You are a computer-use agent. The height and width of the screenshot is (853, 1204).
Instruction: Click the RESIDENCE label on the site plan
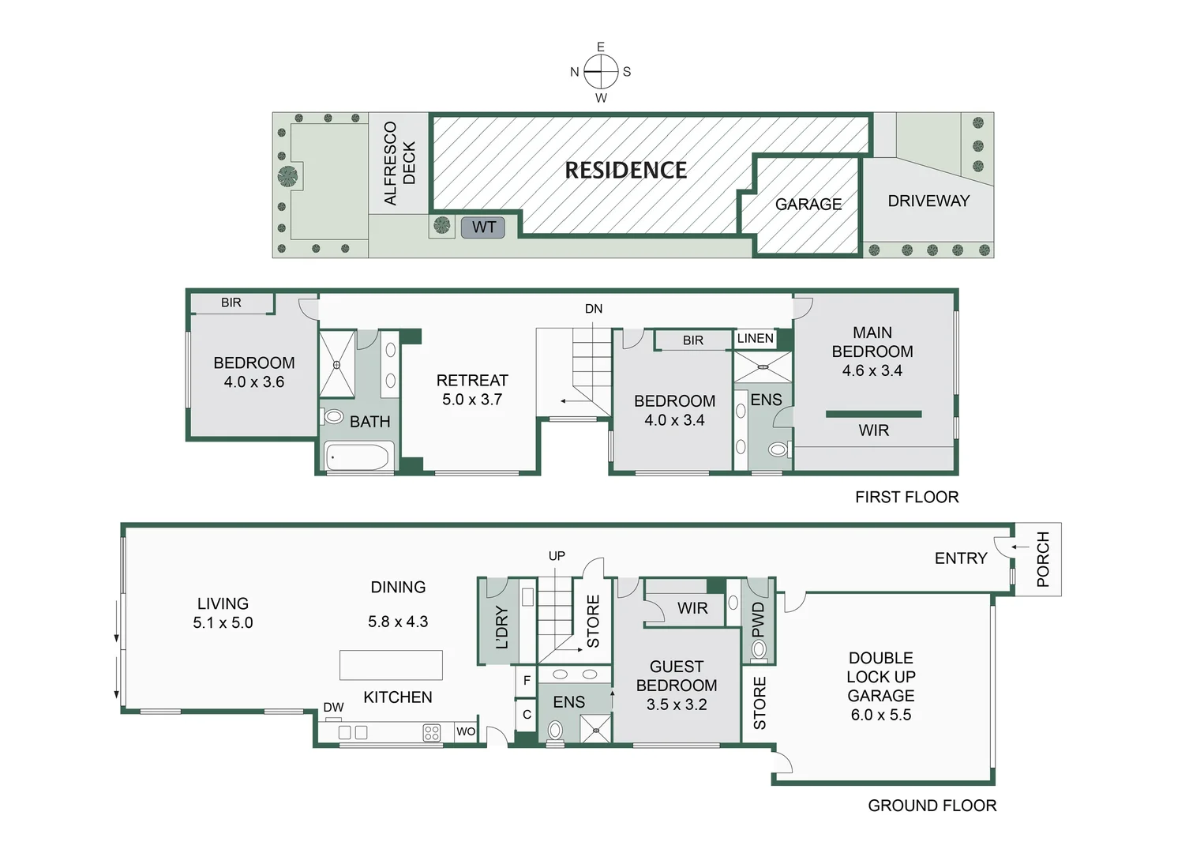point(625,171)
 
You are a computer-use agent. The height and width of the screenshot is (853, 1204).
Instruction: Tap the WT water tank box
point(483,227)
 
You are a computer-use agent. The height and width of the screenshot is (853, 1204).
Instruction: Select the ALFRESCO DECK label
point(399,163)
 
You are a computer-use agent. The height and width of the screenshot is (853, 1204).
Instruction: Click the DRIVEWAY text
point(928,201)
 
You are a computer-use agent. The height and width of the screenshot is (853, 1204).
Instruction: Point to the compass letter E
point(601,47)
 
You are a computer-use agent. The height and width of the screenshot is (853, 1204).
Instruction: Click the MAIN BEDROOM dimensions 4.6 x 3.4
point(872,370)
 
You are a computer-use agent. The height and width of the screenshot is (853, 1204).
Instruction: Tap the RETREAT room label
point(472,380)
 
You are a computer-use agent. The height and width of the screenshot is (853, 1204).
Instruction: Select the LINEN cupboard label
point(756,338)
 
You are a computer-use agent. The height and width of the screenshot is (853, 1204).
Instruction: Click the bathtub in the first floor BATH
point(358,457)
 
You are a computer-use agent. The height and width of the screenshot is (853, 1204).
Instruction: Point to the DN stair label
point(594,309)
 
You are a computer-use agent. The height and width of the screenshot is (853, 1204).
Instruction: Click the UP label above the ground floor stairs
point(557,555)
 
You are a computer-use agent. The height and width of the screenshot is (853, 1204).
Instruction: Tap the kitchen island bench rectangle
point(391,665)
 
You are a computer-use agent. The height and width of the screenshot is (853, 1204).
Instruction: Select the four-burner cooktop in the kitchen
point(432,732)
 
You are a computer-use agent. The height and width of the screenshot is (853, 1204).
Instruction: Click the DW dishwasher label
point(333,707)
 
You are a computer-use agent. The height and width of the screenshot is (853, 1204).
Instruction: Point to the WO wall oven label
point(466,731)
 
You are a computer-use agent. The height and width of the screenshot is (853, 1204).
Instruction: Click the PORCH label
point(1043,559)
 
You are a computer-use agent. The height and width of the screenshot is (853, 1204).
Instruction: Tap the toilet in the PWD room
point(759,650)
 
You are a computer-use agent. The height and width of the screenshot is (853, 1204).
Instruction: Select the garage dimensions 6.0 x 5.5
point(881,715)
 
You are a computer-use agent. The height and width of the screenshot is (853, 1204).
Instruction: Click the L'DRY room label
point(501,627)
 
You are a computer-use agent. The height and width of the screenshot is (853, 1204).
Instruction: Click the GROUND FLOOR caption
point(932,805)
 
